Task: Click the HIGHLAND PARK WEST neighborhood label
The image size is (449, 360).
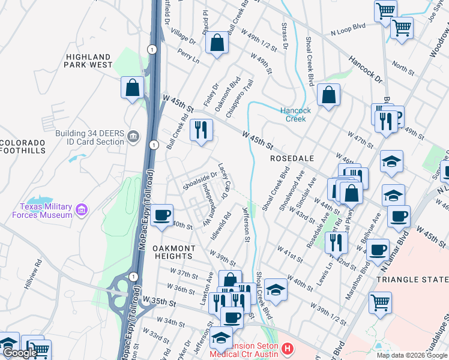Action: (x=88, y=61)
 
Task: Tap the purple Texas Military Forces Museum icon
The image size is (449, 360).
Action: (x=82, y=211)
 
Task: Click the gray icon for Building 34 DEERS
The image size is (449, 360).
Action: (x=133, y=137)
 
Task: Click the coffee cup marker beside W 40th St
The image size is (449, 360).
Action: (x=161, y=215)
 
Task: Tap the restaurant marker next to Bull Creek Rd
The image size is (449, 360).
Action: (x=201, y=130)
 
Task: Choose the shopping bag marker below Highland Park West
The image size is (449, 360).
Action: (x=132, y=88)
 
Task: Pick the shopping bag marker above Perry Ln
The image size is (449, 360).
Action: (x=217, y=43)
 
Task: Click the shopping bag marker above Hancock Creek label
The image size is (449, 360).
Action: (x=328, y=95)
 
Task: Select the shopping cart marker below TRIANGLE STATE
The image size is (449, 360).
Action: (x=380, y=303)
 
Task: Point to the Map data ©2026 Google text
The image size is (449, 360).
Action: (x=411, y=355)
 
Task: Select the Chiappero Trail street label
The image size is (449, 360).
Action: (x=238, y=97)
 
